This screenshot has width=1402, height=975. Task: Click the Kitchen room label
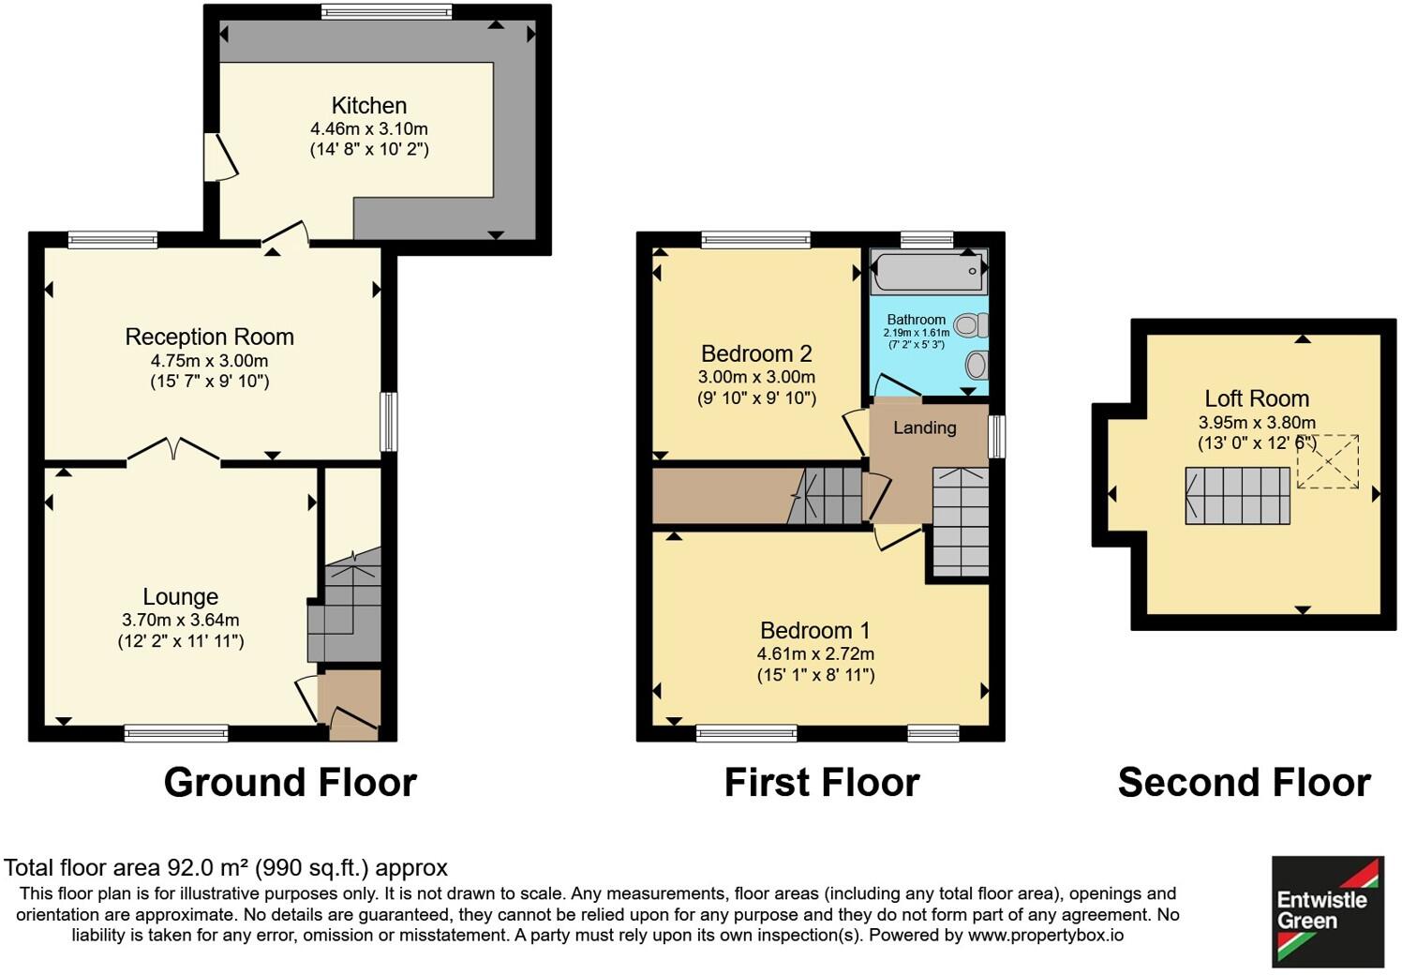pos(368,106)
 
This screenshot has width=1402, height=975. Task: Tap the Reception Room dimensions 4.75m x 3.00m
pos(209,361)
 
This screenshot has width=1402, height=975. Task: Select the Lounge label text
pos(180,596)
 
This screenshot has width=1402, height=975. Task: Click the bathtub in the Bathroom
pos(928,272)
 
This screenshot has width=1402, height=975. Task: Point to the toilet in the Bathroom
pos(971,325)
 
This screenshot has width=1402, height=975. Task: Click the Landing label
pos(924,427)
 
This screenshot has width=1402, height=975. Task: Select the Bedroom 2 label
pos(756,353)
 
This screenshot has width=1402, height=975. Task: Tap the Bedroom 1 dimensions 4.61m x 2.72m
pos(815,653)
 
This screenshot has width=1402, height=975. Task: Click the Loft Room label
pos(1256,398)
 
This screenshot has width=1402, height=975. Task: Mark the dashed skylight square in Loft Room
pos(1328,461)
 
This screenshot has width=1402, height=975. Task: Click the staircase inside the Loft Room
pos(1237,495)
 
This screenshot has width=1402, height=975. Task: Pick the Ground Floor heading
pos(290,782)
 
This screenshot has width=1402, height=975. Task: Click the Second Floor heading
pos(1244,782)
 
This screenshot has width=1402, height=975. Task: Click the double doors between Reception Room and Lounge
pos(173,451)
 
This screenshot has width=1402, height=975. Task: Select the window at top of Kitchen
pos(386,11)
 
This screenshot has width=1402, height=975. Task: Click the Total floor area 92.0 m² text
pos(225,867)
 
